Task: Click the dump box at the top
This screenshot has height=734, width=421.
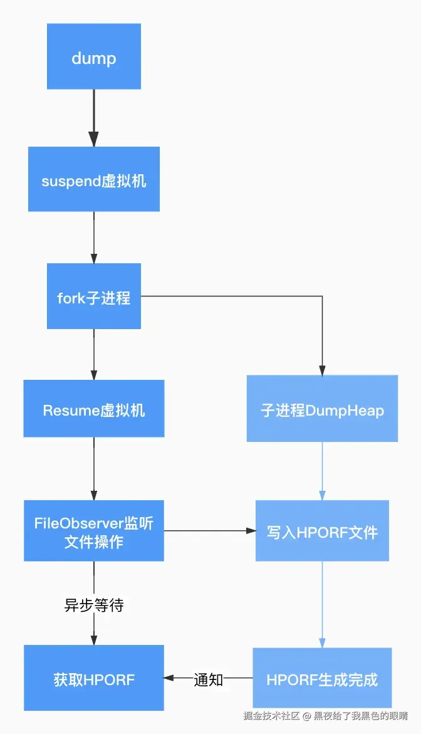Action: (93, 57)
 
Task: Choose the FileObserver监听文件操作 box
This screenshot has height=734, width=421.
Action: (93, 531)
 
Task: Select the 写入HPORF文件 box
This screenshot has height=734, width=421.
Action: (322, 531)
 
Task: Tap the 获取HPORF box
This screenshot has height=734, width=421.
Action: (93, 678)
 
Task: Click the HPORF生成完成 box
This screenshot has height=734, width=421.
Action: (322, 678)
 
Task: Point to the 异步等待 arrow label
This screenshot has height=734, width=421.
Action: (94, 605)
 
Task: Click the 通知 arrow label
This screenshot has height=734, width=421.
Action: (209, 679)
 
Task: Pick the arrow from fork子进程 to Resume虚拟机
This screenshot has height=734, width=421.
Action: (94, 354)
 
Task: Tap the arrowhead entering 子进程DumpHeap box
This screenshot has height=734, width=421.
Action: (322, 369)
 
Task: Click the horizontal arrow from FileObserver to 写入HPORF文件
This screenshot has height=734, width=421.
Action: (209, 531)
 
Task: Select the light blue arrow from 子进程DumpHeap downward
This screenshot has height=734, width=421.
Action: (322, 470)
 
